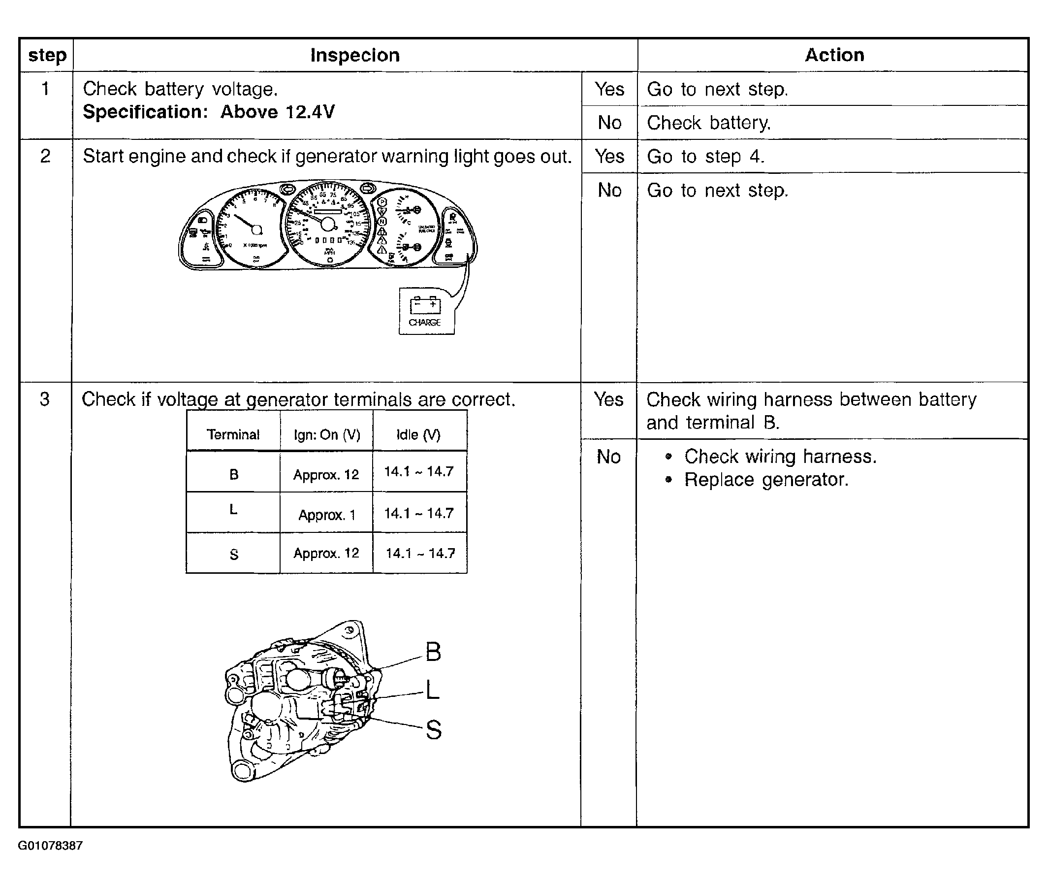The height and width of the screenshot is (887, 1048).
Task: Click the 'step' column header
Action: pos(47,55)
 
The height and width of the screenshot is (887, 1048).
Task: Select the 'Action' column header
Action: pos(834,55)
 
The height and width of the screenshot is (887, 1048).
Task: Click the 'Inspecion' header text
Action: pos(355,55)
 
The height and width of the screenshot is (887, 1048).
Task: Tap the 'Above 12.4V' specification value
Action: pos(278,112)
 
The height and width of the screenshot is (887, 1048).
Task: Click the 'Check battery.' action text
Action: pos(709,123)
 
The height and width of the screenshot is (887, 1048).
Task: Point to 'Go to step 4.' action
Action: pos(705,157)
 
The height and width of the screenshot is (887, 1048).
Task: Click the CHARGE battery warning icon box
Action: pos(426,311)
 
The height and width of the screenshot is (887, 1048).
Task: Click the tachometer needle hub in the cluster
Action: pos(257,230)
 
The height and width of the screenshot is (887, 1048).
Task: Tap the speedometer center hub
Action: pos(328,224)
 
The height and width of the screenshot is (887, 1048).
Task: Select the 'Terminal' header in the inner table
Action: pos(233,434)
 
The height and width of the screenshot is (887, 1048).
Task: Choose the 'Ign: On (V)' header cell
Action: pos(327,434)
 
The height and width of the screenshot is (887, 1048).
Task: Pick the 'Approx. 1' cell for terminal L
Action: pos(327,515)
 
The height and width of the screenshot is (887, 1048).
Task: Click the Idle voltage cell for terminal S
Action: pos(420,553)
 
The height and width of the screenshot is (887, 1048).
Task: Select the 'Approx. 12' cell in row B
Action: pos(326,475)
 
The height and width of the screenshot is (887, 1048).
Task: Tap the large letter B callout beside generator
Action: pos(433,652)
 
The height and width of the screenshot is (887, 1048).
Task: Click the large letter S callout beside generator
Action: pos(433,729)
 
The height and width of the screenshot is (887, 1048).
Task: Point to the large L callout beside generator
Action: pos(432,690)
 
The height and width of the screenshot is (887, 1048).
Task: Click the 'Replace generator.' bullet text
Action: pos(766,480)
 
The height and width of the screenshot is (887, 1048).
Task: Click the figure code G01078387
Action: pos(50,845)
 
